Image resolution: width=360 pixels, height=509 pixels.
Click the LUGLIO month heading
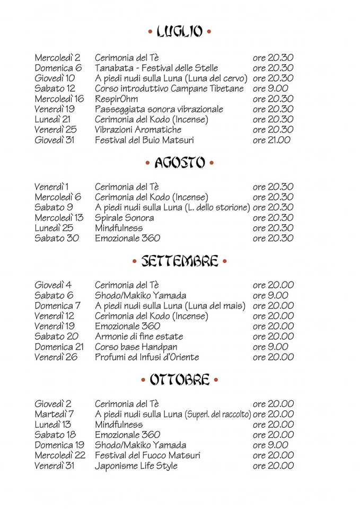179,32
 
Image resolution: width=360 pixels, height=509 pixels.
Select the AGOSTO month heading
179,163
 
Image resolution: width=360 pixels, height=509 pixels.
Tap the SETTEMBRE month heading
179,261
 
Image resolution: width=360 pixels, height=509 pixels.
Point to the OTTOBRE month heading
179,380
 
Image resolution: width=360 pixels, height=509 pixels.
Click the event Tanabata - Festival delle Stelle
156,68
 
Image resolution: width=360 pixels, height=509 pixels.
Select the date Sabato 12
55,89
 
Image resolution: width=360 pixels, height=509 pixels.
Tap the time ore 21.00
272,140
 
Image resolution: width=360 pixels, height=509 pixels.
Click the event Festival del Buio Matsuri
144,140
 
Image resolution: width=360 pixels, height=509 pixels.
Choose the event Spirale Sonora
125,217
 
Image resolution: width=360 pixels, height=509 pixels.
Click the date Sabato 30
57,238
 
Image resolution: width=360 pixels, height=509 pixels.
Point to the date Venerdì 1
52,187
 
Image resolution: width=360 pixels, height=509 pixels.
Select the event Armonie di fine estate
139,336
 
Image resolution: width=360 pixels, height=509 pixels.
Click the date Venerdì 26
56,357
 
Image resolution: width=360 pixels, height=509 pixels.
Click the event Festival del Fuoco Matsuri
147,455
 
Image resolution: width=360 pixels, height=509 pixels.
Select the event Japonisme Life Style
136,466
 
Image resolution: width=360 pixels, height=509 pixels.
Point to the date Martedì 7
55,414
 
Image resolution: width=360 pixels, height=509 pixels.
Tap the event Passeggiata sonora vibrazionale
159,109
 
